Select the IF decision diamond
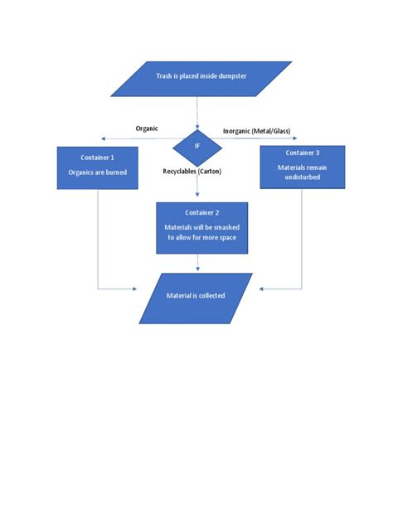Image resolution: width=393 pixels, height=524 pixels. (197, 146)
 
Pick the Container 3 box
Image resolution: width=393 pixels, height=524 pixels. (302, 168)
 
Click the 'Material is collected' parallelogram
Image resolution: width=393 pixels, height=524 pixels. (196, 297)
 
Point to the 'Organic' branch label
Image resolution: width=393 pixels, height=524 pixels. (147, 129)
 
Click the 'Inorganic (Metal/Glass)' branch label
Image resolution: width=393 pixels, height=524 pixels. (257, 131)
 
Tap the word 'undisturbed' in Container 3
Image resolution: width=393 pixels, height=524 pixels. (302, 177)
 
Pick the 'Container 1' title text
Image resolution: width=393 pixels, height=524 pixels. (98, 156)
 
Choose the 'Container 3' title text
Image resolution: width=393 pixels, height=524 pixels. (302, 153)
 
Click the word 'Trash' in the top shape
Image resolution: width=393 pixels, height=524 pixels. (164, 77)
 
